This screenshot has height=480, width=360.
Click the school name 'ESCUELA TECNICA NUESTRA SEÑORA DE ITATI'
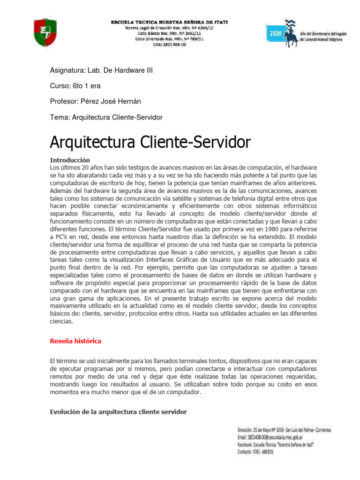click(169, 23)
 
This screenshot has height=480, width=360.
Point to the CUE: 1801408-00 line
click(169, 45)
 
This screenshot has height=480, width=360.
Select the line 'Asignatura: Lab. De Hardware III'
click(101, 71)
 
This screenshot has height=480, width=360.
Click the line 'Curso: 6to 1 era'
click(75, 86)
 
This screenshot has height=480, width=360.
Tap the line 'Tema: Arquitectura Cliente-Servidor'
click(106, 117)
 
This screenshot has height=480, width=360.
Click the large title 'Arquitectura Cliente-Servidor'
click(150, 142)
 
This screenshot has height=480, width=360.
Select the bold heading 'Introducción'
click(69, 160)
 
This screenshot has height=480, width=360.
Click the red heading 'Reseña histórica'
click(75, 341)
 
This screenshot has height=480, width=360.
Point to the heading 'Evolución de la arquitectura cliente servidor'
click(118, 412)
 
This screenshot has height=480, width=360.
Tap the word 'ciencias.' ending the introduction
click(61, 322)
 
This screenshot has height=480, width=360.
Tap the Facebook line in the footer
click(274, 445)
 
